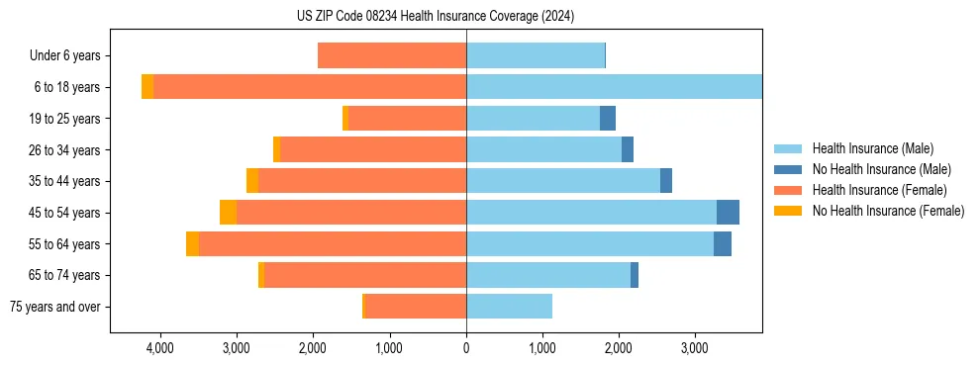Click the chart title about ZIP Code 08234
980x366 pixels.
click(435, 16)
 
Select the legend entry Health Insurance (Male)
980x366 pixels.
click(872, 148)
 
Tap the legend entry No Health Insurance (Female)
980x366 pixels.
click(888, 211)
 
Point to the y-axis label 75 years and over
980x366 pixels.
click(54, 307)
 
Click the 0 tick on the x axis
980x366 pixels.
click(466, 348)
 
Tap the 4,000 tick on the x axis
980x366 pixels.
click(159, 348)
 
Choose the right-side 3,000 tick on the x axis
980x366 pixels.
click(695, 348)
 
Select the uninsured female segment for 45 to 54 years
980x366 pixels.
click(228, 213)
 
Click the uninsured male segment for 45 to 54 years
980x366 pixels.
click(728, 213)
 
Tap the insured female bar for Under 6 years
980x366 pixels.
click(392, 56)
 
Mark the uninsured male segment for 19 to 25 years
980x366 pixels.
click(608, 119)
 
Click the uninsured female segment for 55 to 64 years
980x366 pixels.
click(192, 244)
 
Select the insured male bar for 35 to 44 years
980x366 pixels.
click(563, 181)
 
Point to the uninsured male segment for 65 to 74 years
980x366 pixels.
click(635, 275)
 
